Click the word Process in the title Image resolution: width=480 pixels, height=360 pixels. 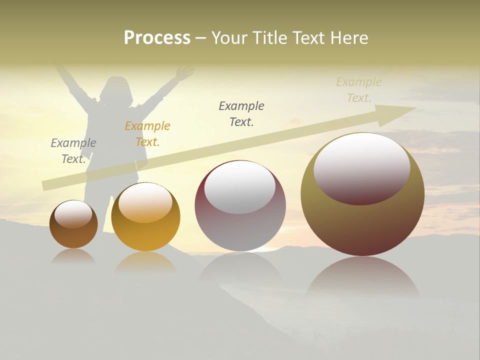(157, 38)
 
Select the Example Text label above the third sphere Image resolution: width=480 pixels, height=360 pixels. (241, 113)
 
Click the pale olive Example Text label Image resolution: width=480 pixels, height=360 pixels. (358, 90)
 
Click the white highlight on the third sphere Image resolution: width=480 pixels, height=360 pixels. (239, 187)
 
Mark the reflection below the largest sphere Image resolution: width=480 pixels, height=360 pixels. (362, 277)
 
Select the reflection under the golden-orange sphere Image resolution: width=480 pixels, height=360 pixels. (145, 262)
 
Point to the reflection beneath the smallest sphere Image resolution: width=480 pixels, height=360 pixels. (73, 256)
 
